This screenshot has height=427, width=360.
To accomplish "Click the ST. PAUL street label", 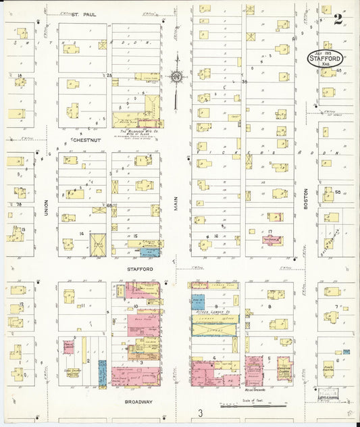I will tap(85, 14).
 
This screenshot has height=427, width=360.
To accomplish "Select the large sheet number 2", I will tap(338, 18).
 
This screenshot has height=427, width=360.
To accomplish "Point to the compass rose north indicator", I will tap(176, 77).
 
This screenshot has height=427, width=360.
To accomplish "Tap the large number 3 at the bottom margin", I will tap(200, 413).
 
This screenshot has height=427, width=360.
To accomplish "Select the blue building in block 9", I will tap(198, 302).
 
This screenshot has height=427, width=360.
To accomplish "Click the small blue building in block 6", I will tap(346, 351).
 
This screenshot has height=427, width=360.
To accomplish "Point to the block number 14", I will tap(80, 234).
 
